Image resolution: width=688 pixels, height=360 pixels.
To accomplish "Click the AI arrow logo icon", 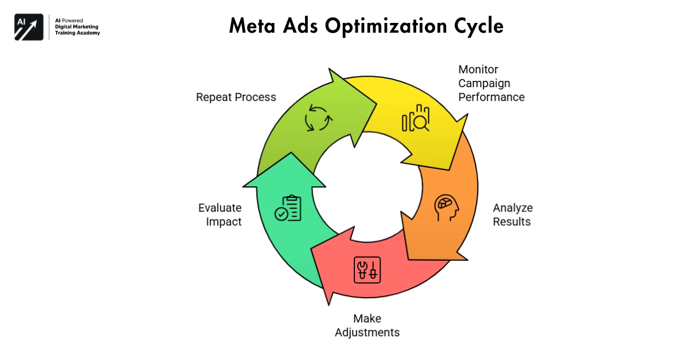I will [29, 26].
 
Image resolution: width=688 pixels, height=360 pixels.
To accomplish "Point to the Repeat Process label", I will [236, 97].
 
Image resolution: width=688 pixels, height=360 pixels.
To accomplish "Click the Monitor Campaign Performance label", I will [491, 83].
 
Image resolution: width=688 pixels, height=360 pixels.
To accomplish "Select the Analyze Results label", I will [513, 214].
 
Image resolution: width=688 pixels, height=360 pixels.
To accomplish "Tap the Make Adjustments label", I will [367, 325].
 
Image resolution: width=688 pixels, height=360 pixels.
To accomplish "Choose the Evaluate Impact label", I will [220, 214].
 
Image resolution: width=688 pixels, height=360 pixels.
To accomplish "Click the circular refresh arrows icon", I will [318, 118].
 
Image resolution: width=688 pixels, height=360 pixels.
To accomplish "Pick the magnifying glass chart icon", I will [416, 119].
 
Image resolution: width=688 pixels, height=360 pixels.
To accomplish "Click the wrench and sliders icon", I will [367, 268].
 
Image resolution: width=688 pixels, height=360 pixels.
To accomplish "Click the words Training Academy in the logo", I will [77, 33].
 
